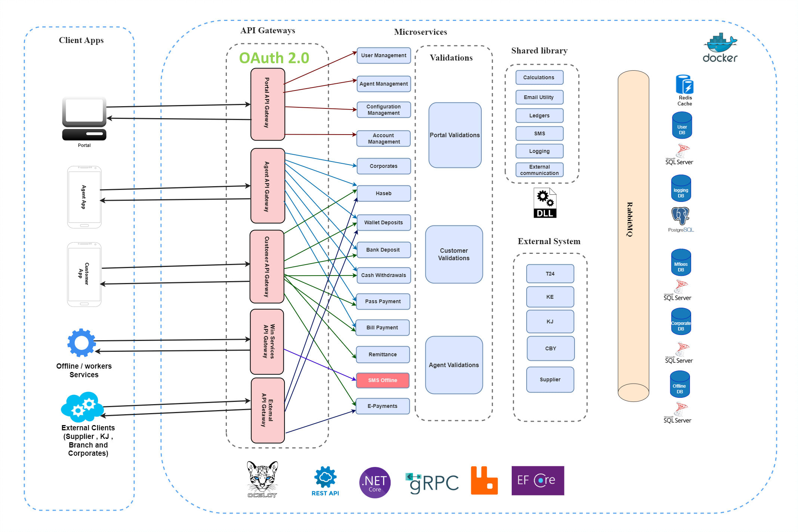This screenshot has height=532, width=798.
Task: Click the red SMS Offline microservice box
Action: (382, 380)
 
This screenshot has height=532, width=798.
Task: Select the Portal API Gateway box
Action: (268, 104)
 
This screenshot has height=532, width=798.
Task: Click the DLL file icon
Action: (545, 203)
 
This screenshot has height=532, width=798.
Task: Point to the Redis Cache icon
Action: (684, 84)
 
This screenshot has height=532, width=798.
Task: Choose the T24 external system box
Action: (550, 274)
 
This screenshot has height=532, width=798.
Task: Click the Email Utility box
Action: (539, 97)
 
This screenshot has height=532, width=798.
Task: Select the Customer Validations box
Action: (454, 254)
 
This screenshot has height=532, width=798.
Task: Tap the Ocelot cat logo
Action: (262, 479)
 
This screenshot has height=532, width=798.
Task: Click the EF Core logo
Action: (537, 480)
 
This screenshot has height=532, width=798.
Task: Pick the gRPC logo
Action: (432, 483)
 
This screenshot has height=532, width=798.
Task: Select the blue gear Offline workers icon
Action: (81, 342)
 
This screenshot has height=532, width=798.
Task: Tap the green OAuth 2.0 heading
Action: (274, 58)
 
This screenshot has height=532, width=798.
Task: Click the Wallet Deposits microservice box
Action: (383, 222)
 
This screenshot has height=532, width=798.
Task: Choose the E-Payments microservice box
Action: (382, 406)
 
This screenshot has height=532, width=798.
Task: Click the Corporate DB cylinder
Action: (681, 322)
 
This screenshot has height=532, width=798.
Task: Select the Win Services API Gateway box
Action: (267, 341)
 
